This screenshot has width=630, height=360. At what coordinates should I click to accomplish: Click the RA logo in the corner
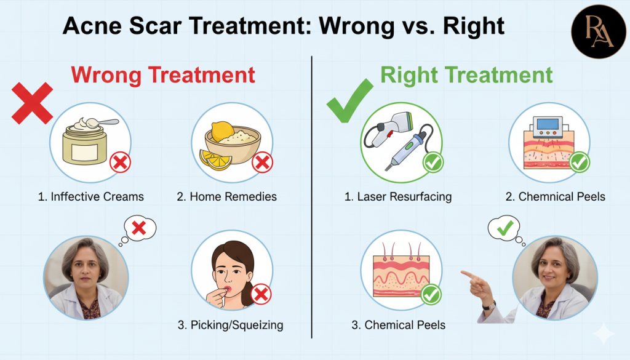tap(598, 31)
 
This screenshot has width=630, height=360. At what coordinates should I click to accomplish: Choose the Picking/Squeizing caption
tap(231, 324)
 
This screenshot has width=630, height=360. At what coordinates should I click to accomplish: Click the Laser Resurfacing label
tap(398, 197)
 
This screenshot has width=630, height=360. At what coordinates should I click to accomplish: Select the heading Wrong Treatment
tap(162, 75)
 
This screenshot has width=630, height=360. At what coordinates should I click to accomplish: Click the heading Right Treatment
tap(466, 75)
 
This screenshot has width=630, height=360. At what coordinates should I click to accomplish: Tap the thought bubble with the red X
tap(139, 229)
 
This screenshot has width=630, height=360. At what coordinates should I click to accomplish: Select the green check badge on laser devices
tap(433, 163)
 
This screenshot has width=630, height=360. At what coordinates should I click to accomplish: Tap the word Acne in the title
tap(91, 26)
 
